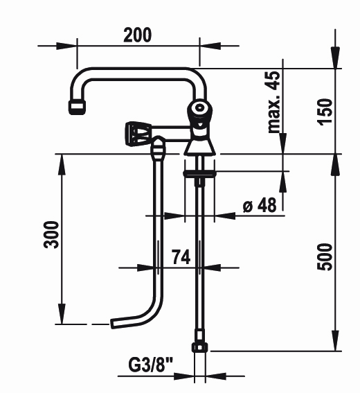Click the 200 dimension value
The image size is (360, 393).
[138, 35]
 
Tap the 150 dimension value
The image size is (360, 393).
[325, 112]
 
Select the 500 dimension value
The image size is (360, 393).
[325, 257]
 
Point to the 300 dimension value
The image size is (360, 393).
[51, 234]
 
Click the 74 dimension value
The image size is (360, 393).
[181, 257]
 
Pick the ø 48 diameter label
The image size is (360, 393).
[260, 204]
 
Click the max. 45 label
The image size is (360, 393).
[273, 102]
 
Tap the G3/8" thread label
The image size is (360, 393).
[151, 365]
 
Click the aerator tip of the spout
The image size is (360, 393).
[77, 107]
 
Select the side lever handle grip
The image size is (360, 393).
[138, 133]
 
